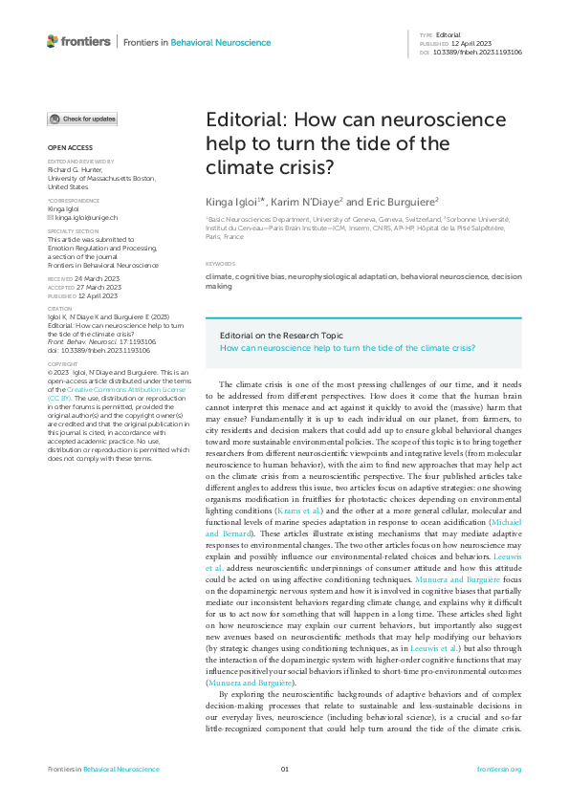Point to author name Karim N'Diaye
click(305, 202)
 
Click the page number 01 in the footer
click(284, 769)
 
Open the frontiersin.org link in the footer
click(498, 769)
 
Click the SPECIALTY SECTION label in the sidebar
click(74, 230)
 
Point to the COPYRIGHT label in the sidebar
click(63, 363)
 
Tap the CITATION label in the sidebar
click(59, 309)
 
